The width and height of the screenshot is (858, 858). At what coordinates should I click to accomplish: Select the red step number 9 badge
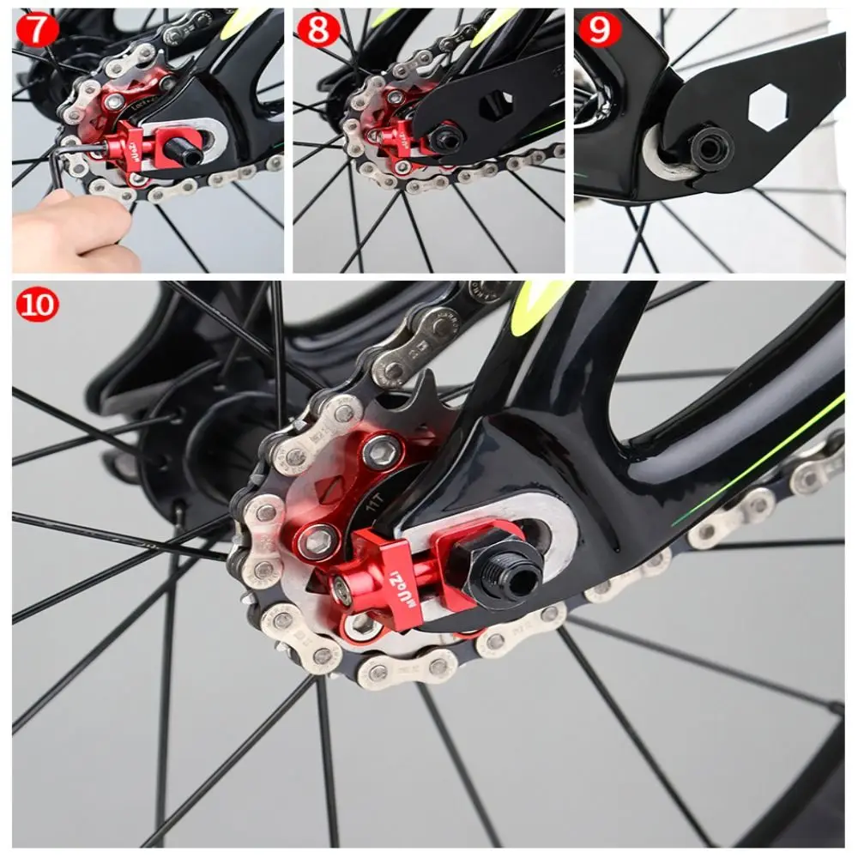599,29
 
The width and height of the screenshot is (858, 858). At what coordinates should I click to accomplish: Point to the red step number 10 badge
37,304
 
